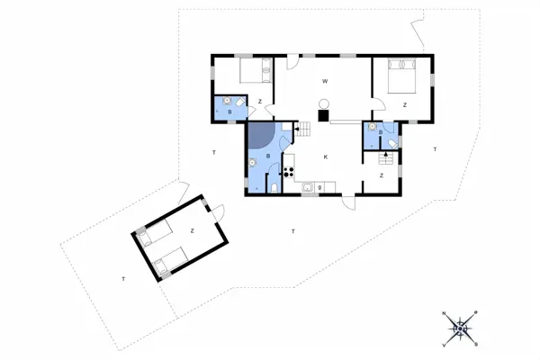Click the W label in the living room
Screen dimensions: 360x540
click(325, 81)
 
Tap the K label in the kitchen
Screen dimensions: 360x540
click(325, 157)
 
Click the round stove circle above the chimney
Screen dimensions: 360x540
click(324, 102)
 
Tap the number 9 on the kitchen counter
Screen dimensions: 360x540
click(320, 187)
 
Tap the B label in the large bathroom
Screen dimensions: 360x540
click(268, 156)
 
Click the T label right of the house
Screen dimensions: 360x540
click(434, 148)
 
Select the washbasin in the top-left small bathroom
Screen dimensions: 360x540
click(229, 101)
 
